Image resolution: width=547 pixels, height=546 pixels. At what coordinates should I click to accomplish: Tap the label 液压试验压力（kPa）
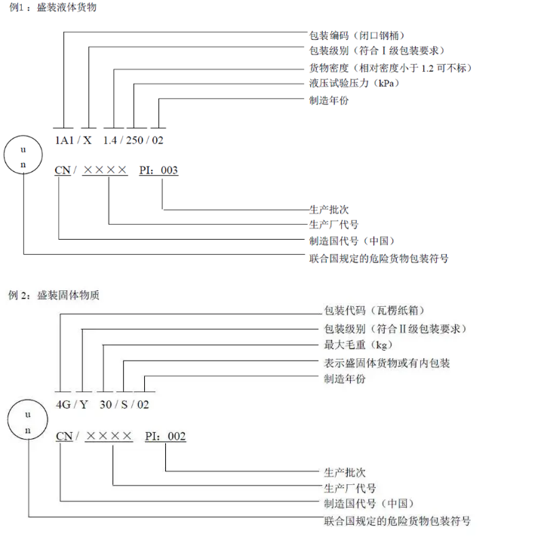point(354,84)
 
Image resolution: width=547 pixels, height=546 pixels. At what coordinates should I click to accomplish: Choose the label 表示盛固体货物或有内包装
point(386,363)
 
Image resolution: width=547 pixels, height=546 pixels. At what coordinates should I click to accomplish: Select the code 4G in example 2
point(63,404)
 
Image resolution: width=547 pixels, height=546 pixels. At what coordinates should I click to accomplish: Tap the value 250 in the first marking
point(135,140)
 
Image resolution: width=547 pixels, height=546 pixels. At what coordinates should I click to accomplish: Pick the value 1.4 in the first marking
point(111,140)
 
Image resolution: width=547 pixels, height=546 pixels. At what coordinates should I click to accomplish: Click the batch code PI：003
point(158,170)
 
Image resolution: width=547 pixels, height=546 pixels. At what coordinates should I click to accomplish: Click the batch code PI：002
point(165,436)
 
